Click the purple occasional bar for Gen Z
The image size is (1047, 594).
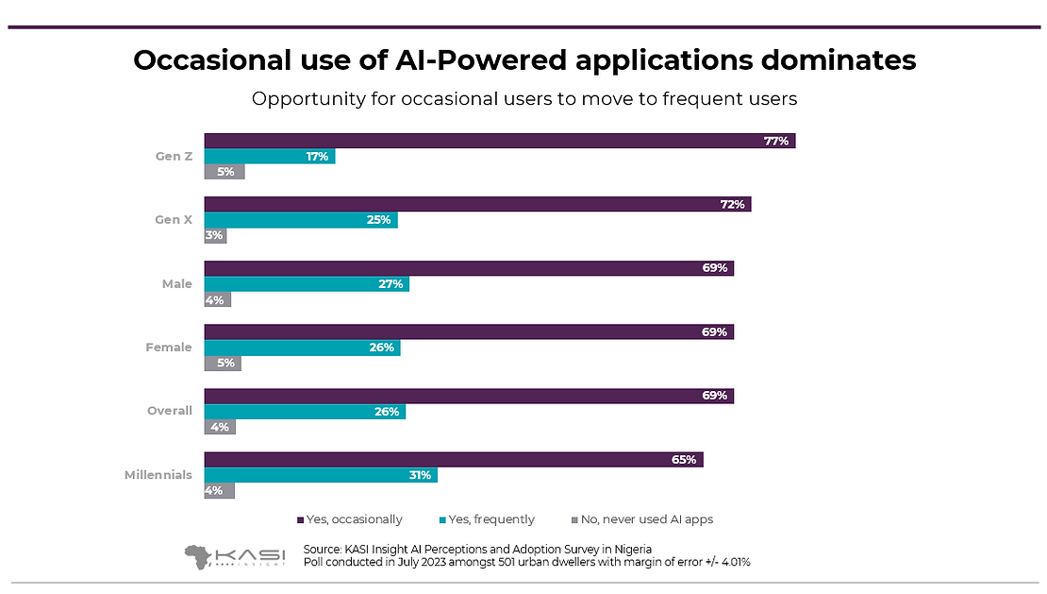[500, 141]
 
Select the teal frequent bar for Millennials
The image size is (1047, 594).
[321, 475]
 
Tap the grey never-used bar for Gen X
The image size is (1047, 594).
[215, 235]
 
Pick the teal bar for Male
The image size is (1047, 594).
[307, 283]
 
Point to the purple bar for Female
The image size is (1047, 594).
[469, 331]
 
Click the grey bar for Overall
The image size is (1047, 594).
[220, 427]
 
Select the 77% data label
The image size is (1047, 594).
[776, 141]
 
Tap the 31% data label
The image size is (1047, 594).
[419, 475]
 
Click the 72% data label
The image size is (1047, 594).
[733, 204]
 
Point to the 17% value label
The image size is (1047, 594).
[317, 156]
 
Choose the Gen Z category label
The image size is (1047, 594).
[174, 156]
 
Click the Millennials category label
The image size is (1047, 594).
[158, 475]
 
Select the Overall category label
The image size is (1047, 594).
[170, 411]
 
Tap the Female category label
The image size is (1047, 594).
[168, 348]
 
